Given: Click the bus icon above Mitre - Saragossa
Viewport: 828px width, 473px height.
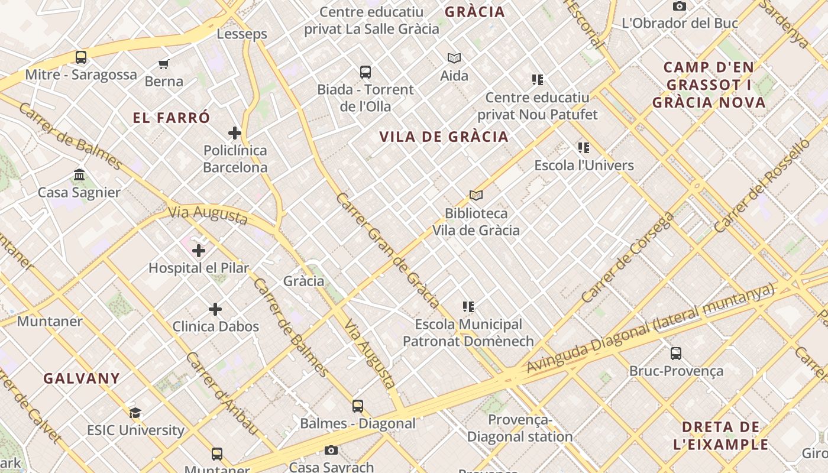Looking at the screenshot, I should click(x=81, y=57).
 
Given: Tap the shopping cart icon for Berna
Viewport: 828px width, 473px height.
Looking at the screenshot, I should click(x=164, y=64).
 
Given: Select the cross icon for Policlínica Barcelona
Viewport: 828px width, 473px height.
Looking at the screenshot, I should click(x=235, y=133).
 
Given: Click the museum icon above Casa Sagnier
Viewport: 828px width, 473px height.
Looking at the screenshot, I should click(x=79, y=175).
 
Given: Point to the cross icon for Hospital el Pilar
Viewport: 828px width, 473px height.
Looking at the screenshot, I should click(x=199, y=251).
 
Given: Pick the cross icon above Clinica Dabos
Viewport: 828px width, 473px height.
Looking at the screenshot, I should click(x=215, y=309).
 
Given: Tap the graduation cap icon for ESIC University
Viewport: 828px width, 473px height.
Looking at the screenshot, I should click(x=135, y=413).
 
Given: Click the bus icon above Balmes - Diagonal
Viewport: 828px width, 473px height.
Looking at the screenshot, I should click(x=358, y=406).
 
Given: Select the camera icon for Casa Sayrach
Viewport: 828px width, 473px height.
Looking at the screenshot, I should click(x=331, y=451).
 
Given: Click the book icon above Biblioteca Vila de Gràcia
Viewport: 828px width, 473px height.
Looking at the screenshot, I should click(x=476, y=195).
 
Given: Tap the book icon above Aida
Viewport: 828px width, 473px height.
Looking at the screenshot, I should click(x=454, y=58).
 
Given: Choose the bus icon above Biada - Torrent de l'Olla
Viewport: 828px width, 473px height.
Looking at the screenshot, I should click(x=366, y=72).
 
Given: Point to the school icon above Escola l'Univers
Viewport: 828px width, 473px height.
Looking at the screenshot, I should click(x=584, y=148).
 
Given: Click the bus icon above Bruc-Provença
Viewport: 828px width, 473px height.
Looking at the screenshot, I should click(x=676, y=354).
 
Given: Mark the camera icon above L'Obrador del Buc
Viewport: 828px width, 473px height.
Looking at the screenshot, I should click(x=680, y=7).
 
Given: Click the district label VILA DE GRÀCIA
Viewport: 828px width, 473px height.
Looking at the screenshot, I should click(x=444, y=137).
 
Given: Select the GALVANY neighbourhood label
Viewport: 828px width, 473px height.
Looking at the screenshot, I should click(x=82, y=378).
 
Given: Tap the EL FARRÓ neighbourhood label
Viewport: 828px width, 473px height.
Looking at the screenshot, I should click(x=172, y=118).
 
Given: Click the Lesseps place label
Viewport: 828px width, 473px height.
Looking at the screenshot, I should click(x=242, y=34).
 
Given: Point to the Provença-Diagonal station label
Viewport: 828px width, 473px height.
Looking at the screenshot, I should click(x=520, y=428).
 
